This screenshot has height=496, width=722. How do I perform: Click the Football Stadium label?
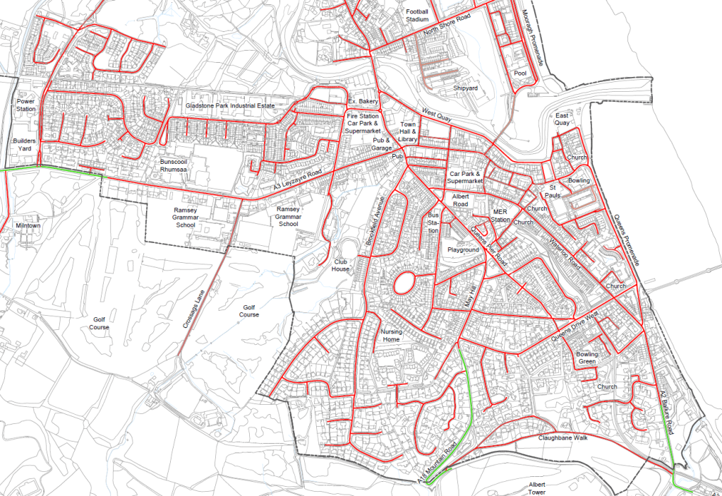pyautogui.click(x=416, y=15)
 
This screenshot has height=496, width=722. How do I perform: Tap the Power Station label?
pyautogui.click(x=25, y=105)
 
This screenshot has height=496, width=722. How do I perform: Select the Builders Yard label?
pyautogui.click(x=25, y=145)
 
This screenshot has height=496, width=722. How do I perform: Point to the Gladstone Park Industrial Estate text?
pyautogui.click(x=229, y=105)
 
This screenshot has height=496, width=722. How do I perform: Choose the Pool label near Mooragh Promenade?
pyautogui.click(x=521, y=73)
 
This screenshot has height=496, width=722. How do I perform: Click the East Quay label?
pyautogui.click(x=562, y=119)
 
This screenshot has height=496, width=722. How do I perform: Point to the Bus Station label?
pyautogui.click(x=433, y=222)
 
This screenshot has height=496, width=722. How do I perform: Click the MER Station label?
pyautogui.click(x=501, y=215)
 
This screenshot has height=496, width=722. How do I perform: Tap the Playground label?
pyautogui.click(x=463, y=250)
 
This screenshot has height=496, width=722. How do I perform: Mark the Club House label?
pyautogui.click(x=342, y=265)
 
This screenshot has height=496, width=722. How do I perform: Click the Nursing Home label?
pyautogui.click(x=390, y=335)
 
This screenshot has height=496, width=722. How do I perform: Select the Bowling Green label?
pyautogui.click(x=586, y=358)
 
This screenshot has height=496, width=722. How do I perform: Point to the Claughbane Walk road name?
pyautogui.click(x=563, y=438)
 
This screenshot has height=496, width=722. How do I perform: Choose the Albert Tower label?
pyautogui.click(x=537, y=488)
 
